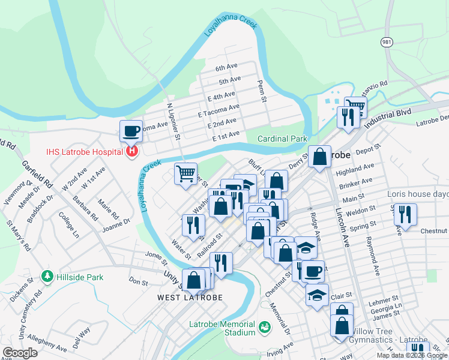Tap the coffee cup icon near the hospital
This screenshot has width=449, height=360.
[131, 130]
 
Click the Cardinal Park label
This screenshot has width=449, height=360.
[282, 139]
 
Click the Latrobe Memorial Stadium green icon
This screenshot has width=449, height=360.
[264, 328]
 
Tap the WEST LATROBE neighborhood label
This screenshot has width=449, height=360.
[190, 298]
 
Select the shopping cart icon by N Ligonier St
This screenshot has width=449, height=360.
[186, 174]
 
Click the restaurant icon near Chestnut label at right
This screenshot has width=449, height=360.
[406, 214]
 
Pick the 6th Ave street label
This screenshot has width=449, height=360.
[228, 68]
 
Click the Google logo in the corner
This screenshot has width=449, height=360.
[20, 353]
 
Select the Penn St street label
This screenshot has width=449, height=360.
[261, 91]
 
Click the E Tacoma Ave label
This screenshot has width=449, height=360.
[218, 110]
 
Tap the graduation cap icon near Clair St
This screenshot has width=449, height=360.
[317, 295]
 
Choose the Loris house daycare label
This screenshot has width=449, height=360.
[420, 194]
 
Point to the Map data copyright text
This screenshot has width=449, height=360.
[411, 355]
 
